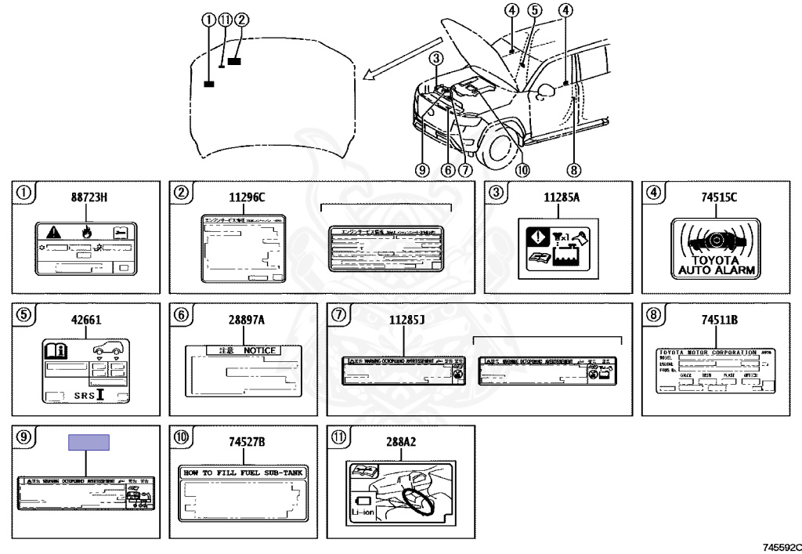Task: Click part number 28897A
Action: (x=246, y=320)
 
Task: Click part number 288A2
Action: (x=403, y=443)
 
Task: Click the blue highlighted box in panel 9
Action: (x=89, y=443)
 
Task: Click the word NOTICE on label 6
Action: (x=259, y=350)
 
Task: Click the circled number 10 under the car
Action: (x=522, y=168)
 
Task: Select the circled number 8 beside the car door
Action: (x=574, y=168)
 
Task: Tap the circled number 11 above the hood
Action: (x=226, y=20)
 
